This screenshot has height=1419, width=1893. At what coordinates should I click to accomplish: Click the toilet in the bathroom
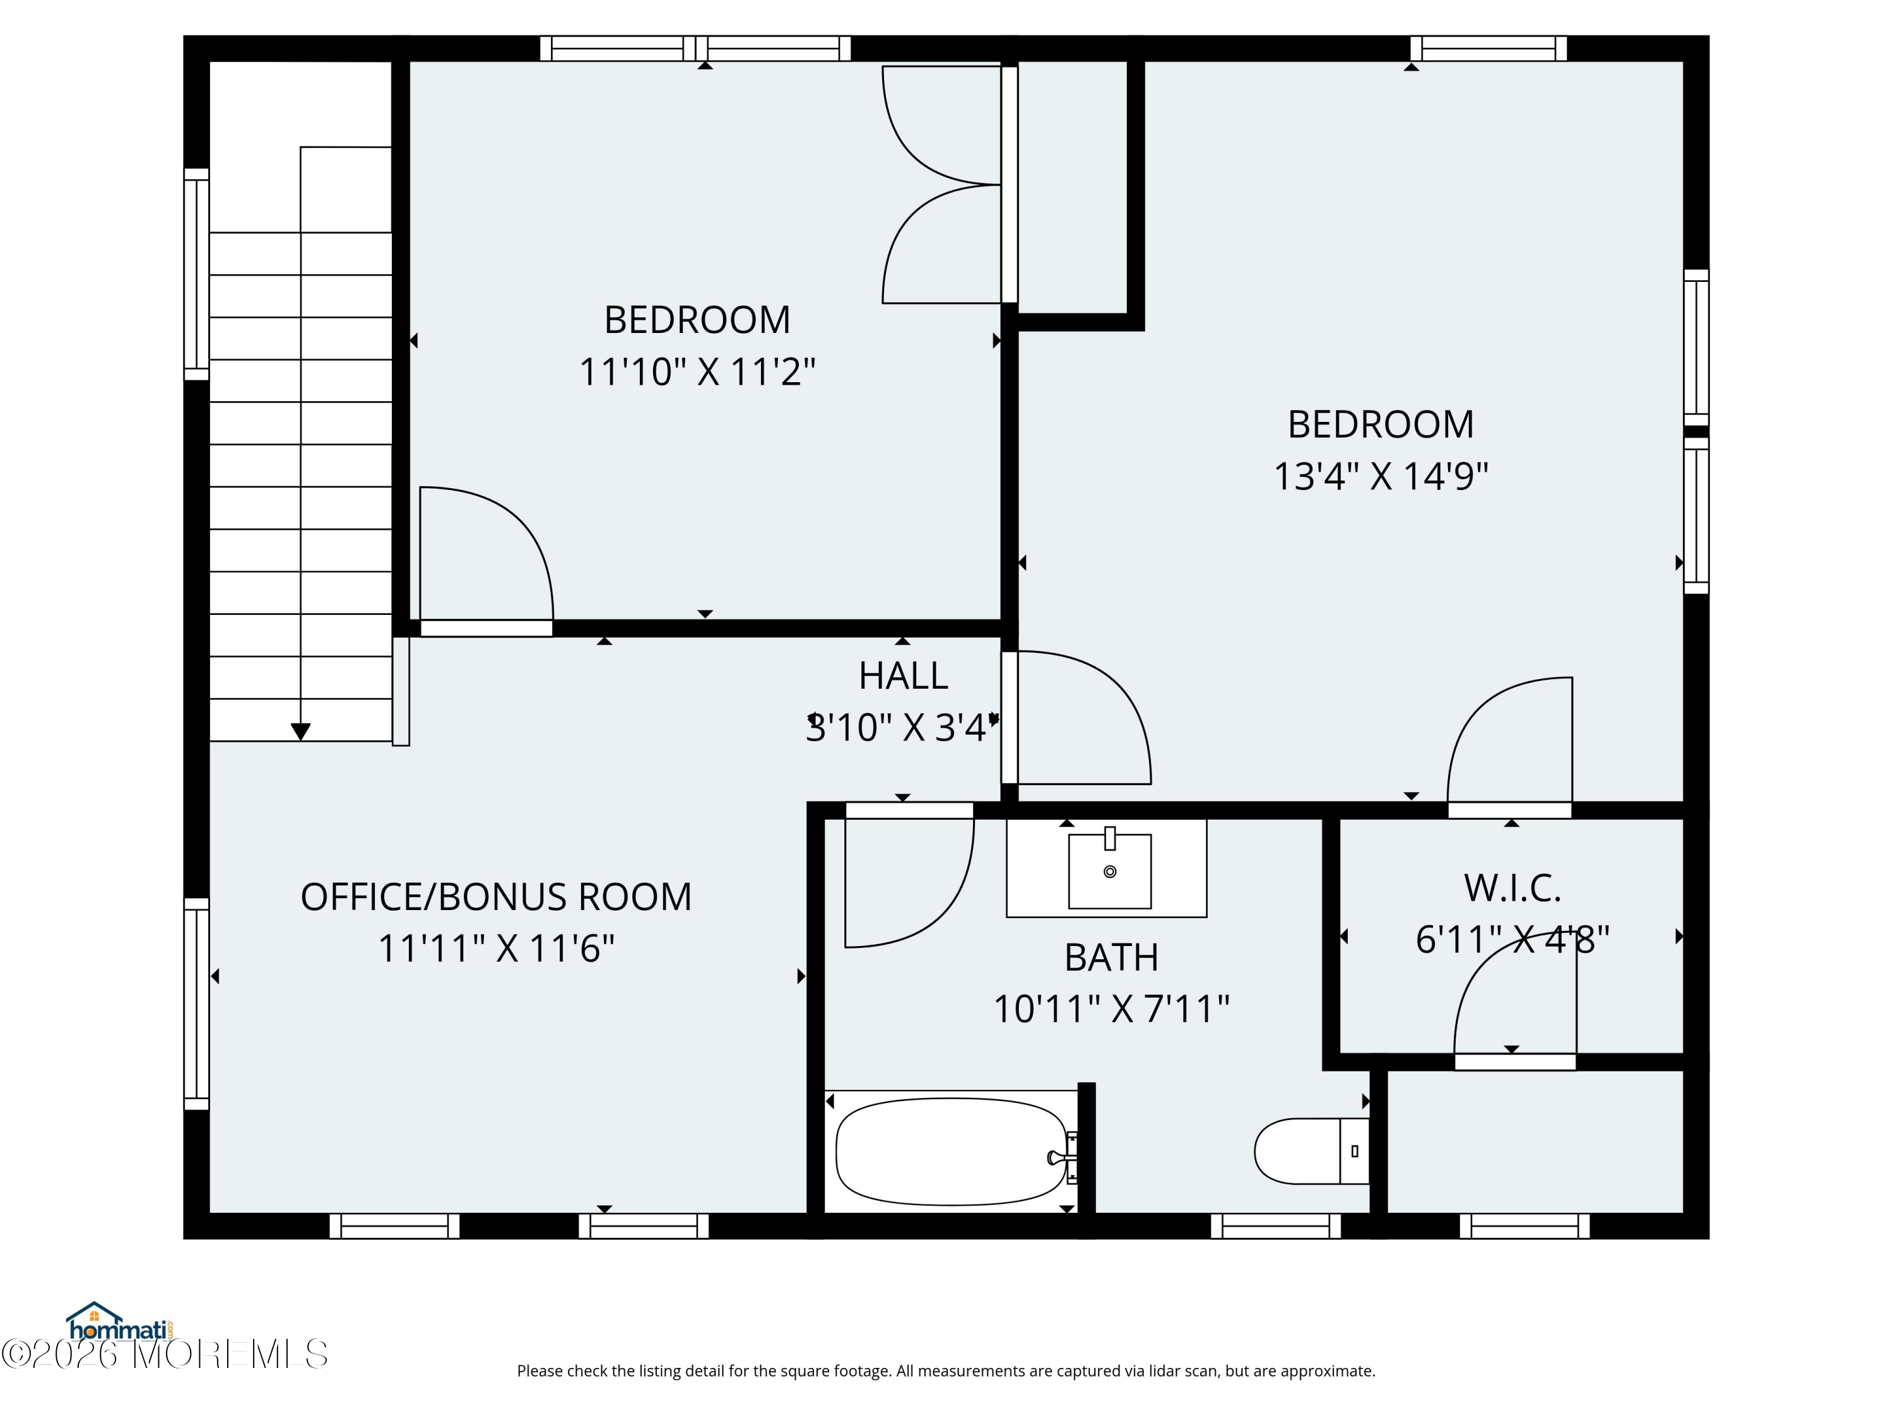pos(1311,1150)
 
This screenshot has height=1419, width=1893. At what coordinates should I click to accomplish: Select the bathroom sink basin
pos(1109,871)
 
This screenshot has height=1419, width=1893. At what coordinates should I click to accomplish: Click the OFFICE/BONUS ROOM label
pos(497,896)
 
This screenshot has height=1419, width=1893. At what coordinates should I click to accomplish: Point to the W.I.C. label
pos(1512,888)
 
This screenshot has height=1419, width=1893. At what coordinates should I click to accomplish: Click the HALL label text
pos(904,675)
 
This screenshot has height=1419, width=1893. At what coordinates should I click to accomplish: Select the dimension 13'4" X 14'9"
pos(1381,476)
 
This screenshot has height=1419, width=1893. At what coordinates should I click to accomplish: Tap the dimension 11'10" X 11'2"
pos(697,371)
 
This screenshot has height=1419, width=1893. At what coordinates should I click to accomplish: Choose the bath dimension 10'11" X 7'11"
pos(1111,1008)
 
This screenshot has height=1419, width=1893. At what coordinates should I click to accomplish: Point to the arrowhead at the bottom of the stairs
pos(300,732)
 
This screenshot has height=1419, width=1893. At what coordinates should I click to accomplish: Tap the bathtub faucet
pos(1062,1157)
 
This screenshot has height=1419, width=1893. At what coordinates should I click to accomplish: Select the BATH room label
pos(1111,957)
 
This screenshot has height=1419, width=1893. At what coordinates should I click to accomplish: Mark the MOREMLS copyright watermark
pos(164,1354)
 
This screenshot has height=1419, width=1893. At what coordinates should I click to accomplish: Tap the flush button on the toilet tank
pos(1355,1151)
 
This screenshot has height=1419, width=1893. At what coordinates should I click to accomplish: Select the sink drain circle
pos(1110,872)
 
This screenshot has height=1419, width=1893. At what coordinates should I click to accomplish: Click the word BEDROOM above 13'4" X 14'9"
pos(1381,424)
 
